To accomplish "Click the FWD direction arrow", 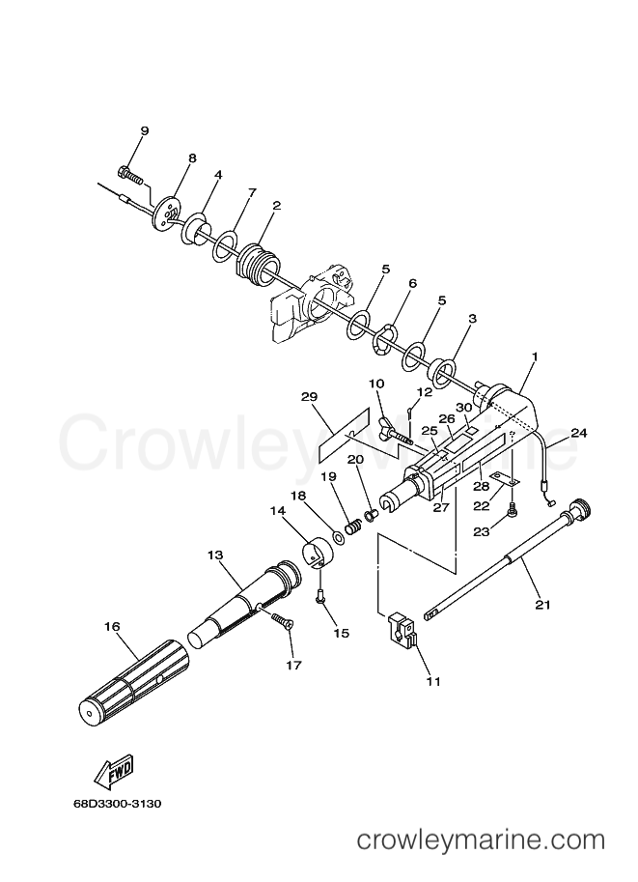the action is click(115, 771).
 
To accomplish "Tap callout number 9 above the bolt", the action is click(145, 131).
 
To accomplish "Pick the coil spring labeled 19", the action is click(353, 527).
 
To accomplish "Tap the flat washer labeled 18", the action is click(340, 536).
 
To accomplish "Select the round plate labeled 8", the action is click(167, 213).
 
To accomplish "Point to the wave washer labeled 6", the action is click(386, 340).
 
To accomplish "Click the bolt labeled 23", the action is click(513, 507).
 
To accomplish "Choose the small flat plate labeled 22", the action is click(505, 477).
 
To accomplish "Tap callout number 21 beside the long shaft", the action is click(542, 605).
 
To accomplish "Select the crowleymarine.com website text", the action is click(482, 840).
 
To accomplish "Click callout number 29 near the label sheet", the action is click(309, 397).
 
